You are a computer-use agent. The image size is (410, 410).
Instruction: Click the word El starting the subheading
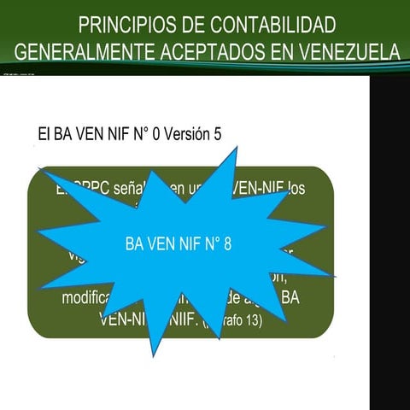point(45,134)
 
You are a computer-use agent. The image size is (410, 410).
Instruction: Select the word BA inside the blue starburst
point(134,244)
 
